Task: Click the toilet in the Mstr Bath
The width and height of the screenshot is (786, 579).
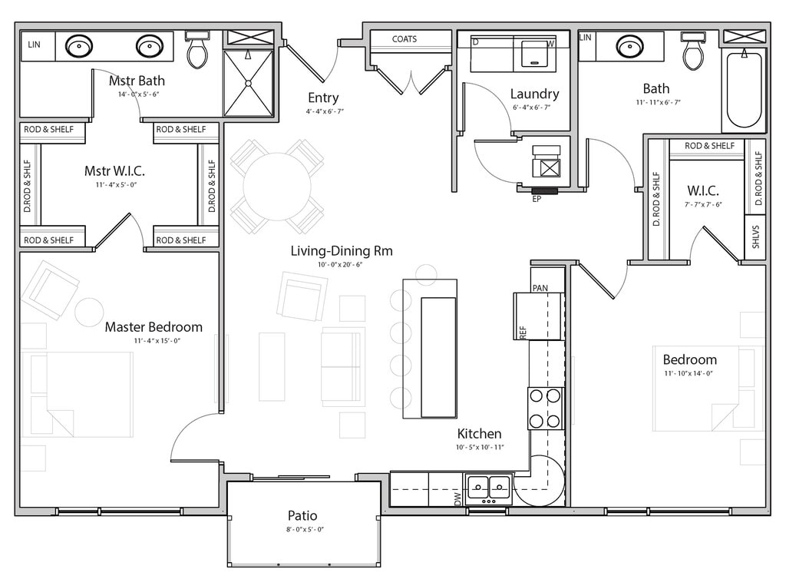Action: click(197, 49)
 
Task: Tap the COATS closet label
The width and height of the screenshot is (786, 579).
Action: click(405, 39)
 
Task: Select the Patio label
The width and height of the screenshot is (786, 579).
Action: click(302, 515)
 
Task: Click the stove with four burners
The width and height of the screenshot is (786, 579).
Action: click(545, 408)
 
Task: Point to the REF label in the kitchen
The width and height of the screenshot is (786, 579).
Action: click(523, 333)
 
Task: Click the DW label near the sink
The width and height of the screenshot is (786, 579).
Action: click(457, 498)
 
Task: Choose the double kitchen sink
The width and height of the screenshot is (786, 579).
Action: click(489, 488)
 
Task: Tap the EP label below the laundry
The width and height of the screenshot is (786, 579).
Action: click(537, 199)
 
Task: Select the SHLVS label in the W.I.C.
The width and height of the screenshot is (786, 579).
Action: click(756, 237)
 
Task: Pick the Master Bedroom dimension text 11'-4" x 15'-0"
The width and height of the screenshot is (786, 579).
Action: click(157, 341)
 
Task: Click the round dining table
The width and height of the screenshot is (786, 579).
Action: click(277, 187)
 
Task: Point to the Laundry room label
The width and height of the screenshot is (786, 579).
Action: click(534, 94)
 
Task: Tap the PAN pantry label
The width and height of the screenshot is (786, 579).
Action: click(540, 288)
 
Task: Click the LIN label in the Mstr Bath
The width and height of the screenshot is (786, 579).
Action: click(34, 45)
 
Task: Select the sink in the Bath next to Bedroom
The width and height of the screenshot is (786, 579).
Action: click(629, 47)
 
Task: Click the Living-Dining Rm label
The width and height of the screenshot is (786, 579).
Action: click(342, 250)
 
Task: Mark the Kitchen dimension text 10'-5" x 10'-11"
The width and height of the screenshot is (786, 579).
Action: click(480, 447)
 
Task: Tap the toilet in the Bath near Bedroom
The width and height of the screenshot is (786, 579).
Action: click(693, 50)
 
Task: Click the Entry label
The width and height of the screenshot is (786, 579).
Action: click(323, 98)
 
